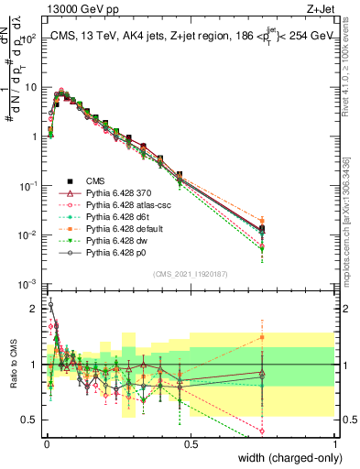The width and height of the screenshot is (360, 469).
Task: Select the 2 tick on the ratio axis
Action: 35,309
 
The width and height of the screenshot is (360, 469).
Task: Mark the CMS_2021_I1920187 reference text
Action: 191,273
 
